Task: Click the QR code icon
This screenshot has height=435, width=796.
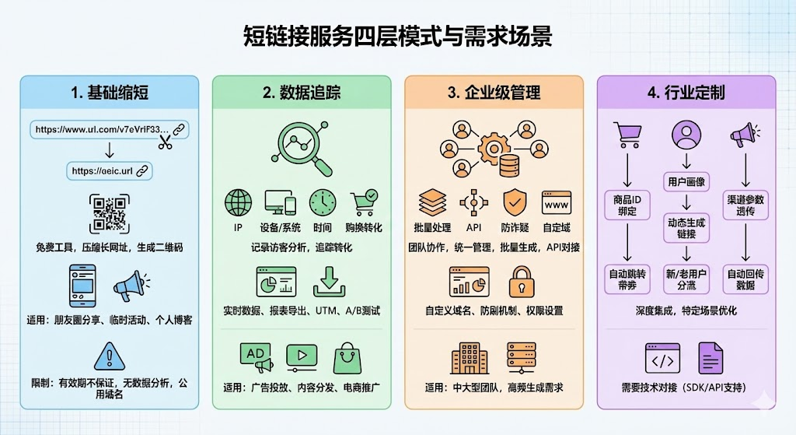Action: (x=109, y=213)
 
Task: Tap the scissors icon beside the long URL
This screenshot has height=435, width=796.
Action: (x=165, y=142)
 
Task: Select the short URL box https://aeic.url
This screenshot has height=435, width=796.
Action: (x=109, y=170)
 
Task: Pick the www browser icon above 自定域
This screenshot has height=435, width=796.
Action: (x=557, y=202)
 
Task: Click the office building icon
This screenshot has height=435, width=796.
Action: (x=469, y=359)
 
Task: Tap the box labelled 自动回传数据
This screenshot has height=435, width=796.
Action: (x=746, y=279)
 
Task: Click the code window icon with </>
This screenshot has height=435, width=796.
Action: (x=662, y=359)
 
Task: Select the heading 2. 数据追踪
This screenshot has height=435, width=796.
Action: (x=302, y=93)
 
